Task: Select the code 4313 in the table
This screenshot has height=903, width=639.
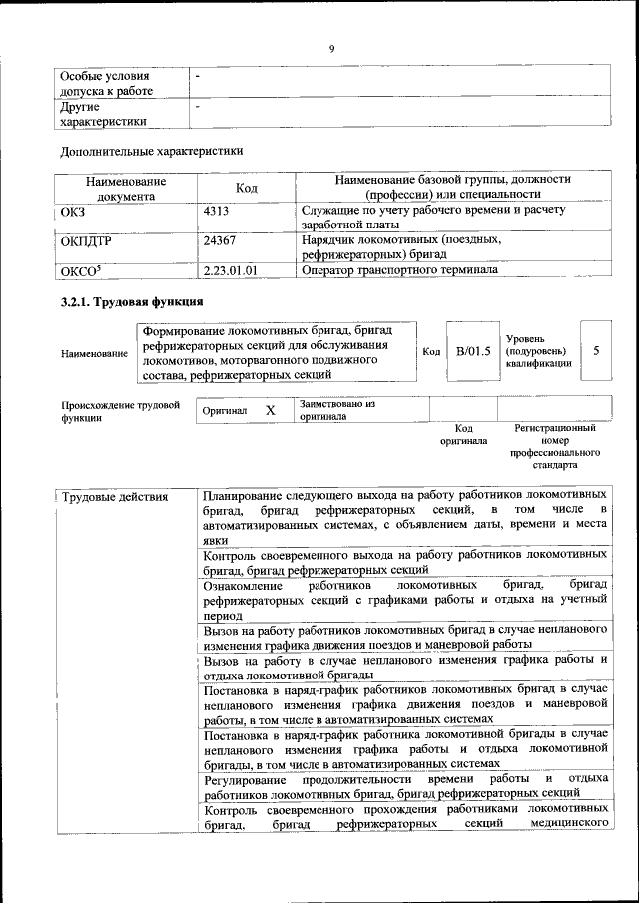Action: click(216, 211)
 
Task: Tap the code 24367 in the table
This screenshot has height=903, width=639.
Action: click(219, 240)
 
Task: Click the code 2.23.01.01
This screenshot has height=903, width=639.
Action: click(230, 269)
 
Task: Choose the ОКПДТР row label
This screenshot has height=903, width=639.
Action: click(85, 240)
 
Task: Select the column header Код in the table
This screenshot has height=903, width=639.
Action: click(247, 188)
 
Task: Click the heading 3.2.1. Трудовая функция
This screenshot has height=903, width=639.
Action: click(132, 301)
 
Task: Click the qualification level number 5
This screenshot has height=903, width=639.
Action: click(596, 351)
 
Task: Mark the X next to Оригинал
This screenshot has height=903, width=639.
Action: click(270, 410)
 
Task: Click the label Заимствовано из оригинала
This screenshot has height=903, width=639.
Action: click(335, 410)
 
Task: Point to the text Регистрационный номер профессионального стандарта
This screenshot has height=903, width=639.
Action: click(555, 446)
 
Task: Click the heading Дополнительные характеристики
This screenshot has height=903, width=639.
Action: click(152, 152)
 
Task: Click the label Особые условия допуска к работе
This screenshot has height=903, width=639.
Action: click(106, 83)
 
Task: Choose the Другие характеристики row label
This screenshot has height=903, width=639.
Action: click(104, 113)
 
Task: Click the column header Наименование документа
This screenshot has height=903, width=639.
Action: click(125, 189)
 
